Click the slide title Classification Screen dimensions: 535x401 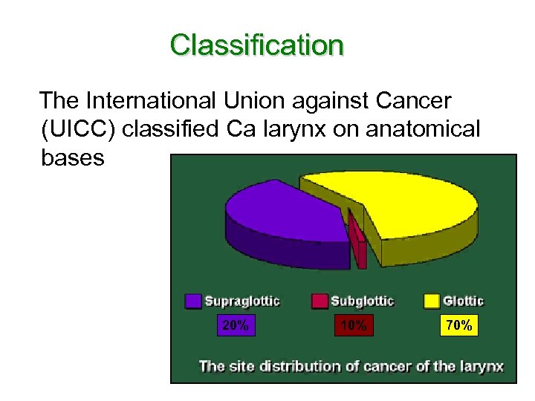(256, 45)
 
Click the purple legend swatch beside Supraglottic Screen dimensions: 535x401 (193, 301)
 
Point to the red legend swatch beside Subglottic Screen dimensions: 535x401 (319, 301)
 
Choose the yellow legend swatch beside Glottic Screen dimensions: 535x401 (431, 301)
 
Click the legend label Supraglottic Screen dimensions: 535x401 (242, 301)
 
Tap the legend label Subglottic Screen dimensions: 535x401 (362, 301)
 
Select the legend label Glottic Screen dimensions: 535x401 (463, 301)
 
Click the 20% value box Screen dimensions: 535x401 (236, 325)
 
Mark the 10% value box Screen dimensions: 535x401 (354, 326)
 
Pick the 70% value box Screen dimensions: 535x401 (459, 325)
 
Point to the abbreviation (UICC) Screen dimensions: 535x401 (78, 129)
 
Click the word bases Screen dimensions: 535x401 (72, 158)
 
